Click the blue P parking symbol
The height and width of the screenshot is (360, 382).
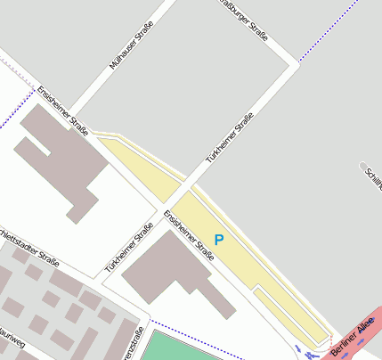(219, 239)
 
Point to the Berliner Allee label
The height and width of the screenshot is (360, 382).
(354, 340)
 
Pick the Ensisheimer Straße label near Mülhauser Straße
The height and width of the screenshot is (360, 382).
(62, 111)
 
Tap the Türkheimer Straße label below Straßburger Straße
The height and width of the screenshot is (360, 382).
(231, 137)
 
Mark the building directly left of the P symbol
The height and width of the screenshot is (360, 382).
(169, 267)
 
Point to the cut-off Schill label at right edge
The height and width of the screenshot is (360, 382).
(372, 177)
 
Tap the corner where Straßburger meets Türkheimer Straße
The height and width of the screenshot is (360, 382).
(293, 64)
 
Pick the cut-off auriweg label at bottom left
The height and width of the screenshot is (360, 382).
(11, 340)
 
